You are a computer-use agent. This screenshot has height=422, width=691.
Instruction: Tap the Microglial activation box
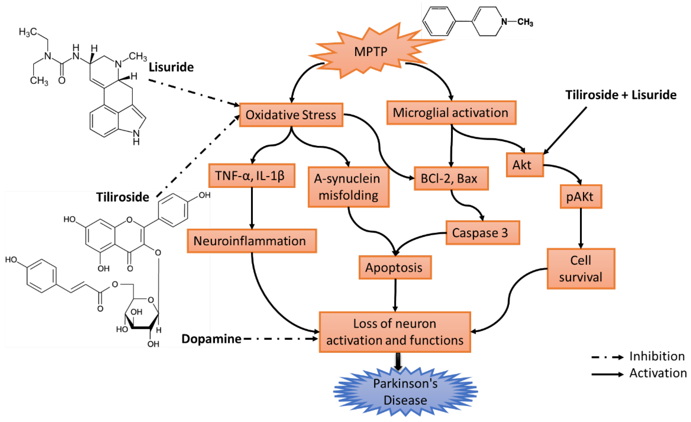click(451, 113)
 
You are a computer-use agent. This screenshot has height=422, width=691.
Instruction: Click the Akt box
click(524, 165)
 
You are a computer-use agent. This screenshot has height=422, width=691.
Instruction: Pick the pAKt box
click(581, 197)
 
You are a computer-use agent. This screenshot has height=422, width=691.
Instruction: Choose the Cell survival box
click(581, 268)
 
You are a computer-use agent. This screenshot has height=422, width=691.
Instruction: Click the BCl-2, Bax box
click(451, 178)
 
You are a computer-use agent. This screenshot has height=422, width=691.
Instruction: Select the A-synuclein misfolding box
click(348, 187)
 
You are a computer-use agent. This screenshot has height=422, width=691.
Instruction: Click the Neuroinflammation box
click(252, 241)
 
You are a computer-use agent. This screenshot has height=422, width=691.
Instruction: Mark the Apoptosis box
click(395, 267)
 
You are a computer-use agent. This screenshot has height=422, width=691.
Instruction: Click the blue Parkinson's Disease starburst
click(405, 392)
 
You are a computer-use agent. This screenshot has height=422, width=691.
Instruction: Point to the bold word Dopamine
click(211, 339)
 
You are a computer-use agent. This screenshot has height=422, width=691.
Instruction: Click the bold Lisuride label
click(171, 67)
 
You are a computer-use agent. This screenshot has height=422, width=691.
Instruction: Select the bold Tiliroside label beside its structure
click(123, 197)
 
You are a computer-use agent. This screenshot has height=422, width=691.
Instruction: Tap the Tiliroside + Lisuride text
click(621, 95)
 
